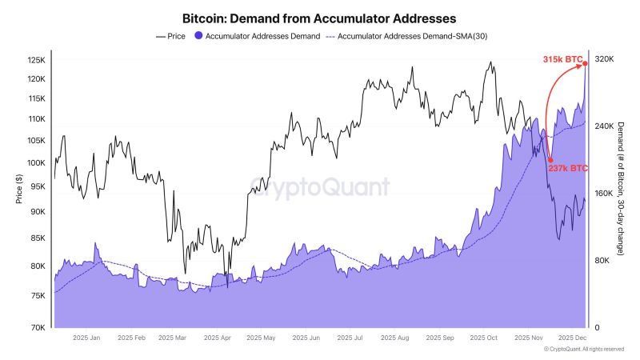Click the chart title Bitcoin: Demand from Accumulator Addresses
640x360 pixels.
pyautogui.click(x=320, y=16)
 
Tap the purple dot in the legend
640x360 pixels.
pyautogui.click(x=198, y=36)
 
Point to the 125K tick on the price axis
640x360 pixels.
pyautogui.click(x=37, y=61)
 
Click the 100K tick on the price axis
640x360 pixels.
pyautogui.click(x=37, y=162)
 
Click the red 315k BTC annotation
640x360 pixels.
pyautogui.click(x=562, y=59)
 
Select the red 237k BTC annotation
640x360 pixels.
pyautogui.click(x=568, y=168)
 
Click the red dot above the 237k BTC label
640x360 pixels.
pyautogui.click(x=550, y=160)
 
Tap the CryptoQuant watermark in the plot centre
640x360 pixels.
pyautogui.click(x=320, y=186)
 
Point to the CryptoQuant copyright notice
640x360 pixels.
pyautogui.click(x=584, y=350)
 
